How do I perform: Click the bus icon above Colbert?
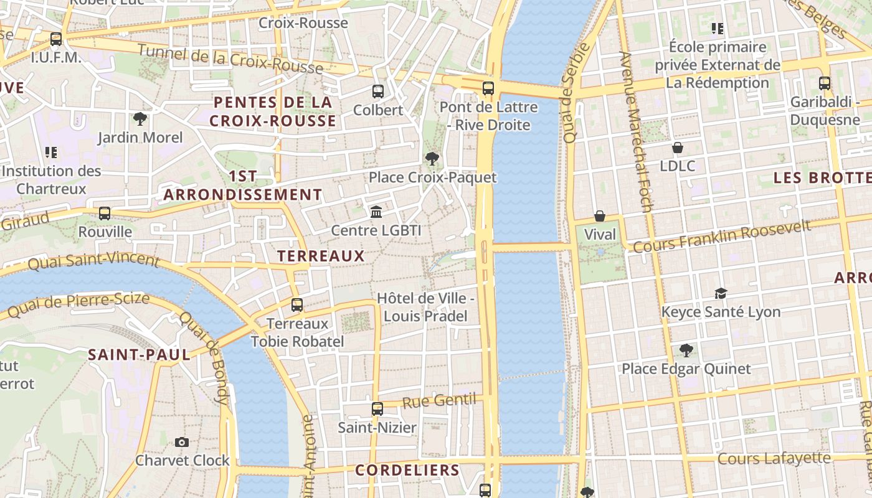tap(377, 92)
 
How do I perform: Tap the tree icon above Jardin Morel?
tap(140, 119)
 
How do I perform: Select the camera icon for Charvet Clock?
tap(182, 442)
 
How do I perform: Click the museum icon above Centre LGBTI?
tap(376, 212)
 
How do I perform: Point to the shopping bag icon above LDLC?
tap(677, 148)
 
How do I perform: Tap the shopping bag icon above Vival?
tap(599, 216)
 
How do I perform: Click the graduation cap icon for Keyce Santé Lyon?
tap(721, 293)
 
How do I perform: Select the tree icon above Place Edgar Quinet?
tap(686, 350)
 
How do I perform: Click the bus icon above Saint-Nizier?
tap(377, 409)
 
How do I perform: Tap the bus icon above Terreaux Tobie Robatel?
tap(297, 305)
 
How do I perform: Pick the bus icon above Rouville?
tap(105, 214)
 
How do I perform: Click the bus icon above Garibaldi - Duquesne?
tap(825, 83)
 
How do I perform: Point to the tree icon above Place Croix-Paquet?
tap(432, 159)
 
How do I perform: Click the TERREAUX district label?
tap(321, 256)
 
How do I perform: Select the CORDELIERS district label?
tap(407, 470)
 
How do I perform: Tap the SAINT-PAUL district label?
tap(139, 355)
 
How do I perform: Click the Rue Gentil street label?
tap(439, 401)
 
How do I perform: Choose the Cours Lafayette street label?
tap(774, 459)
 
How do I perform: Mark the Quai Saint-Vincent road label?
tap(93, 260)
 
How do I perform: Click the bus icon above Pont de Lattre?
tap(488, 88)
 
